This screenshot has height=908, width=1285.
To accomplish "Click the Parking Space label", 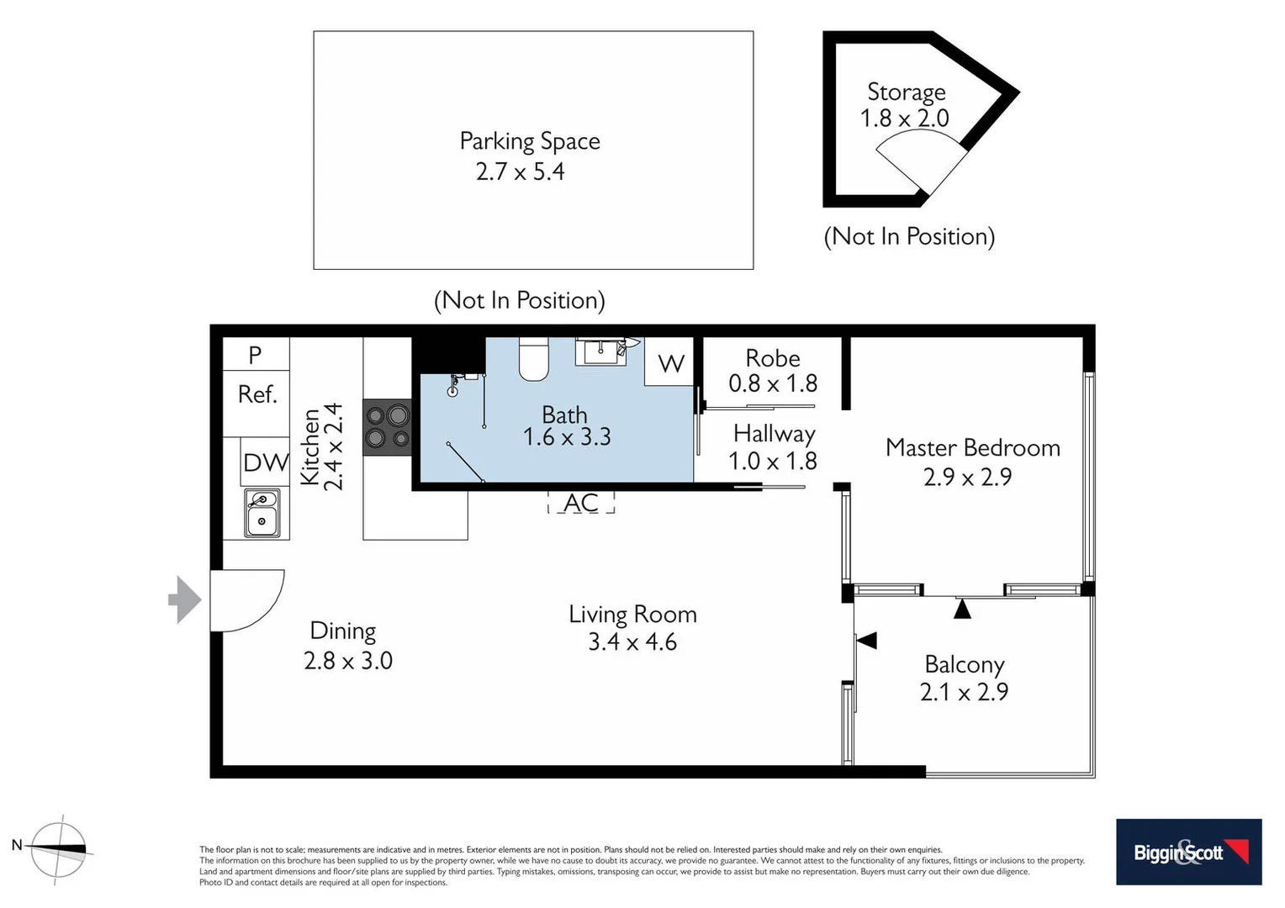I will [x=529, y=141].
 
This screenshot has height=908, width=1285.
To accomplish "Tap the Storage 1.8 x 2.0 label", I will [x=905, y=105].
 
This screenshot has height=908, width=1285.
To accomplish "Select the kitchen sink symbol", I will [x=262, y=512].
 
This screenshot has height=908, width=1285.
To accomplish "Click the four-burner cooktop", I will [x=387, y=426].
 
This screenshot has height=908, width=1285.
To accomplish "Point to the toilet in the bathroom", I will [x=533, y=359].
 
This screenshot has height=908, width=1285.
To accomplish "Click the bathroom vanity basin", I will [x=600, y=351].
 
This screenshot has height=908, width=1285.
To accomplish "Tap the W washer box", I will [x=670, y=364].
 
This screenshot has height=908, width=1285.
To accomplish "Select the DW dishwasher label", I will [x=265, y=462].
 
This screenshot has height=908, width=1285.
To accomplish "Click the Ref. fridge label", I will [x=256, y=394].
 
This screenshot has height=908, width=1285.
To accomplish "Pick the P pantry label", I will [x=255, y=355].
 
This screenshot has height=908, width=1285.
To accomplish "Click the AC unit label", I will [x=581, y=503].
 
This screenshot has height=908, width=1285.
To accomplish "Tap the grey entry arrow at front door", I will [x=185, y=600].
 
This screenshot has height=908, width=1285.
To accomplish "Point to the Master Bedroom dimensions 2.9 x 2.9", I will [x=967, y=478].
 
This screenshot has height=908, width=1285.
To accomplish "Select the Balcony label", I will [x=964, y=664].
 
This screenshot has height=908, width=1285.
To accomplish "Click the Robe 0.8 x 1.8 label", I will [x=772, y=371].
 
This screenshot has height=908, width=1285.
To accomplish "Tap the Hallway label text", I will [x=774, y=434].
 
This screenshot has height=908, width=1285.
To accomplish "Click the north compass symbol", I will [x=58, y=849].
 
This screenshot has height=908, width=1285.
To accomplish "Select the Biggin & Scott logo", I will [x=1188, y=852].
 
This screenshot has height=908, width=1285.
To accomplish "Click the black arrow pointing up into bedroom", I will [x=962, y=609].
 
